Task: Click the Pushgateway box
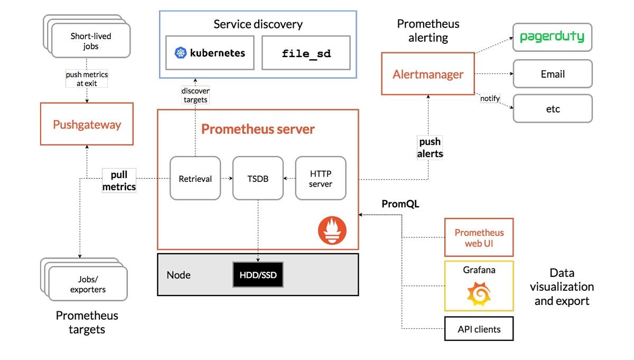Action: (x=87, y=124)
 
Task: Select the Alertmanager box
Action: (x=428, y=73)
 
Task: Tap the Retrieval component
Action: (x=195, y=179)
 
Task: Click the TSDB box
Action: (x=258, y=179)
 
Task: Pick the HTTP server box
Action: (x=321, y=179)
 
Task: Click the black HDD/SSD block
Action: (x=258, y=275)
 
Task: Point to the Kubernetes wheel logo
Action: (x=181, y=53)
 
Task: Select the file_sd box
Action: (x=306, y=53)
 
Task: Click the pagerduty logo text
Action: (x=552, y=36)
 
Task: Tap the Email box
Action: (x=553, y=74)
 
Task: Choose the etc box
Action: (x=553, y=109)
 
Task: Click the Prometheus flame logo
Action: (x=332, y=230)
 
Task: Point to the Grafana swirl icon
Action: (x=479, y=294)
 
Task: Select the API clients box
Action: (x=479, y=329)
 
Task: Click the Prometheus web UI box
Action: (x=479, y=238)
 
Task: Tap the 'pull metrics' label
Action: (x=119, y=181)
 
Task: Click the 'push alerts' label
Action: (x=430, y=147)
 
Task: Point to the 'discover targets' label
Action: (x=195, y=95)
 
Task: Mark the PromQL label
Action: (x=400, y=204)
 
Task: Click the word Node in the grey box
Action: (x=179, y=275)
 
